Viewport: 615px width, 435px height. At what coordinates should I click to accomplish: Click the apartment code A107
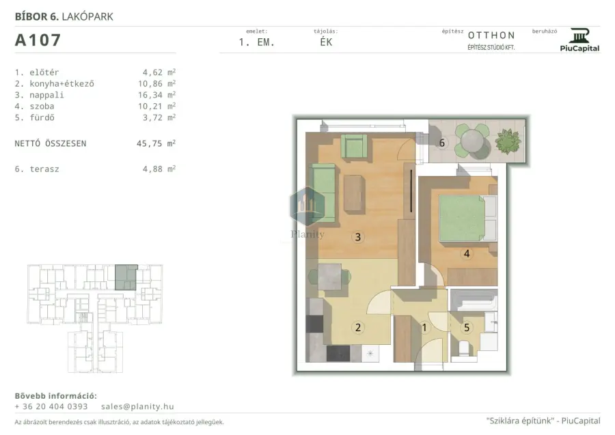coord(38,40)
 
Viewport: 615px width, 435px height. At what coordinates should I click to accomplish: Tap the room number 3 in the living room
coord(357,237)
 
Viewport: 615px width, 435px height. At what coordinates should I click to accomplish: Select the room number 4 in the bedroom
coord(467,253)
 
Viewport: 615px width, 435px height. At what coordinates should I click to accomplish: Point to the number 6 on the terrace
coord(442,143)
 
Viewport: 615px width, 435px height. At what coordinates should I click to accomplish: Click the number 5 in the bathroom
coord(467,328)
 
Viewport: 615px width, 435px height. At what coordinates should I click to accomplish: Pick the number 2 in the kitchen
coord(357,328)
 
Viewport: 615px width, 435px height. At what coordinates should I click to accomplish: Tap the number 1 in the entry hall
coord(424,328)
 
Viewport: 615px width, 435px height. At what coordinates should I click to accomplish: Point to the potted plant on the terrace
coord(508,141)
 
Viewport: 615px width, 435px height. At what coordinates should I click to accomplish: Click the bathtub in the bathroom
coord(474,300)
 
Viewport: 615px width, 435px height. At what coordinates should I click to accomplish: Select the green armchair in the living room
coord(354,147)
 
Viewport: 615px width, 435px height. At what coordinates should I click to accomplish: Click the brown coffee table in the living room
coord(354,193)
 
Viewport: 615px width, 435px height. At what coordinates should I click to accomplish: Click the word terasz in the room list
coord(44,169)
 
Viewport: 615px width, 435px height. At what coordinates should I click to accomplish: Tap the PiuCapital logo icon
coord(579,36)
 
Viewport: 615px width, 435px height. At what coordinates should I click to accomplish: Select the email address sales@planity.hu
coord(137,407)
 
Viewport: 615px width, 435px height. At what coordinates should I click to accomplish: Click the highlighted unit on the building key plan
coord(126,277)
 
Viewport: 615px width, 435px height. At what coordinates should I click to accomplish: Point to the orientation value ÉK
coord(327,42)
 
